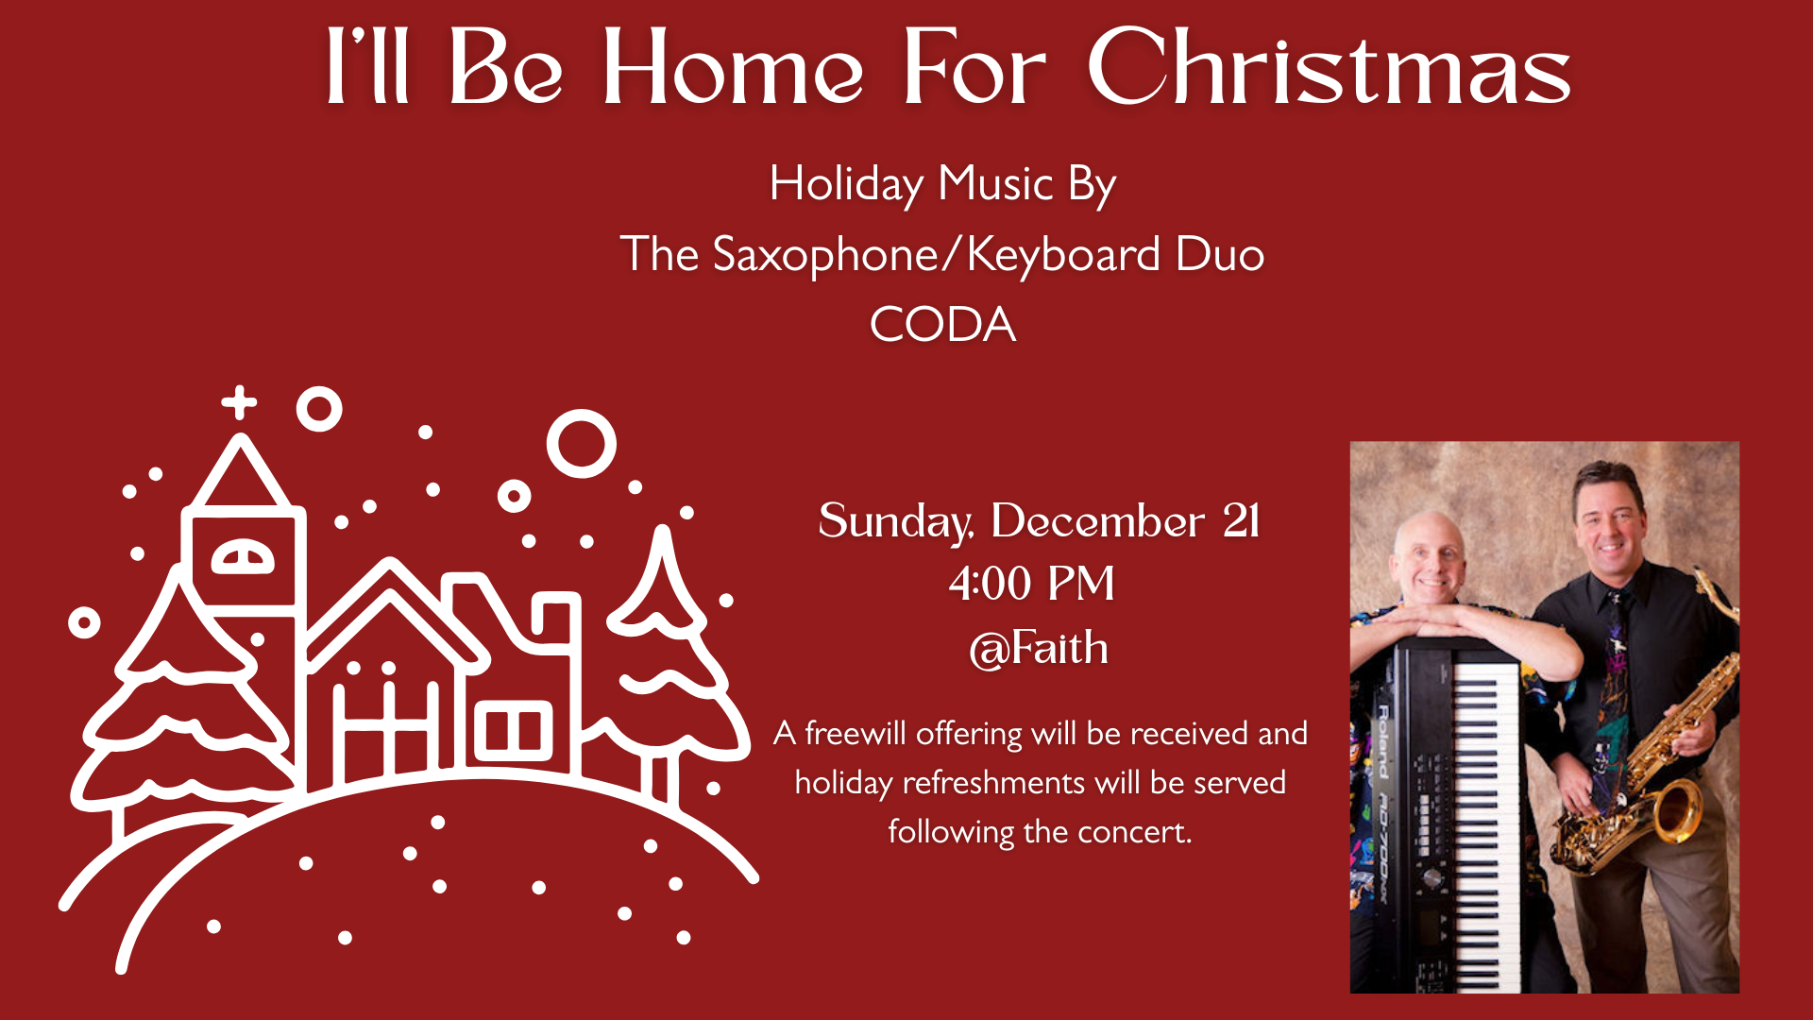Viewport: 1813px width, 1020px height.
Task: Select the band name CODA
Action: (x=942, y=325)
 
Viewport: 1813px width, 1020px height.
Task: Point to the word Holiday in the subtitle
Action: (x=846, y=184)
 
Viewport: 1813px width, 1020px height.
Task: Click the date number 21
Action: (x=1241, y=520)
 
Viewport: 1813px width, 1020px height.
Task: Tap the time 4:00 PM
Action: (x=1031, y=583)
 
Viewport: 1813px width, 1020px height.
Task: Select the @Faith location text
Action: (x=1039, y=648)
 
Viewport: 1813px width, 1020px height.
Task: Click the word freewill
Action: (x=855, y=733)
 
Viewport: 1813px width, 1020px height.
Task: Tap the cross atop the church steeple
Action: (x=240, y=402)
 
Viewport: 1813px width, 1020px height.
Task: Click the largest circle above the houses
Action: (x=582, y=444)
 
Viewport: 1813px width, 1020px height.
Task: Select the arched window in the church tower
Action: (x=243, y=558)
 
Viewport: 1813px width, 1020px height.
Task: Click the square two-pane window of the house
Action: (x=513, y=730)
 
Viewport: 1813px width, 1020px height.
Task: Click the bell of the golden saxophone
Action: (x=1672, y=809)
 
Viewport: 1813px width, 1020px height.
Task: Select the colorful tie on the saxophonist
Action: (x=1614, y=699)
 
